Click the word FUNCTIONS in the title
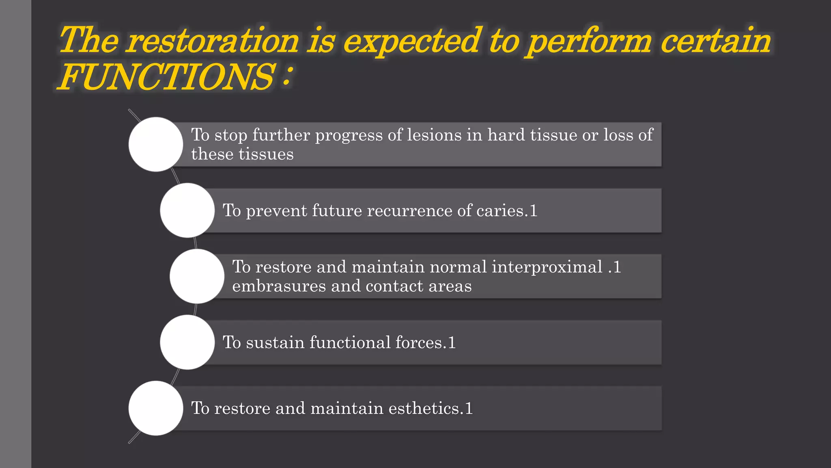(166, 77)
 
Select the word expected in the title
(412, 41)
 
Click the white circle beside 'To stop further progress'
(156, 144)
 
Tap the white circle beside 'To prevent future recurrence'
(187, 210)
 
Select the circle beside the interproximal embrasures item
(197, 276)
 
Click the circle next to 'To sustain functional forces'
(187, 342)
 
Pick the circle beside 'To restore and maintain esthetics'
(156, 408)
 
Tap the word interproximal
(547, 267)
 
